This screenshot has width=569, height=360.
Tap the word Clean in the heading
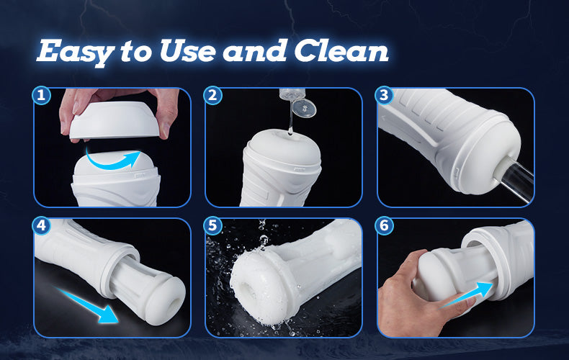(341, 50)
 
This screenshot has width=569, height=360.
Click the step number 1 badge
(41, 95)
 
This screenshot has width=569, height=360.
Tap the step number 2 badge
(212, 95)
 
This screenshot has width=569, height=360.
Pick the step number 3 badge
(384, 95)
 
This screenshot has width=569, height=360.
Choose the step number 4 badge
(41, 225)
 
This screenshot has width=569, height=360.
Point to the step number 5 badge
(212, 225)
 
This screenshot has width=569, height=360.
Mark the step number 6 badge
(384, 225)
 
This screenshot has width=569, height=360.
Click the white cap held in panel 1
(115, 119)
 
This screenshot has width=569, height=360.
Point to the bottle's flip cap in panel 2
(304, 108)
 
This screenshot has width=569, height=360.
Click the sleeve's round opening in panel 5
(250, 291)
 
